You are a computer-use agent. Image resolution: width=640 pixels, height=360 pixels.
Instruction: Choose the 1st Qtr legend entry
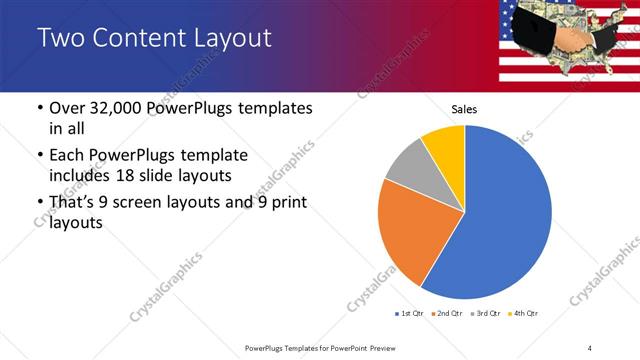409,314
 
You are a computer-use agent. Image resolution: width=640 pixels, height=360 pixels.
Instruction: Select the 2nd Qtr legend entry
447,314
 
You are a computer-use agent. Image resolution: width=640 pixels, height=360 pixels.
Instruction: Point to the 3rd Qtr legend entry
486,314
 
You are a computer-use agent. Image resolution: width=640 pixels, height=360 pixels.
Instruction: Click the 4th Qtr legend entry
524,314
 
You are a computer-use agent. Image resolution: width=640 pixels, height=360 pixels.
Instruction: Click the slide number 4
589,347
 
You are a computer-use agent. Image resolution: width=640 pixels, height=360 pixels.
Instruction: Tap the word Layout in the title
230,39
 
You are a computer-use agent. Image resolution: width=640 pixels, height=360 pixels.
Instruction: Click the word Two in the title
58,39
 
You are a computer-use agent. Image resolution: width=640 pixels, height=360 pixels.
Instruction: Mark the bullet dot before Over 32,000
39,109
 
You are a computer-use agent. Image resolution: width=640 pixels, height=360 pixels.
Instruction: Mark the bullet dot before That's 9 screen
39,203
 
